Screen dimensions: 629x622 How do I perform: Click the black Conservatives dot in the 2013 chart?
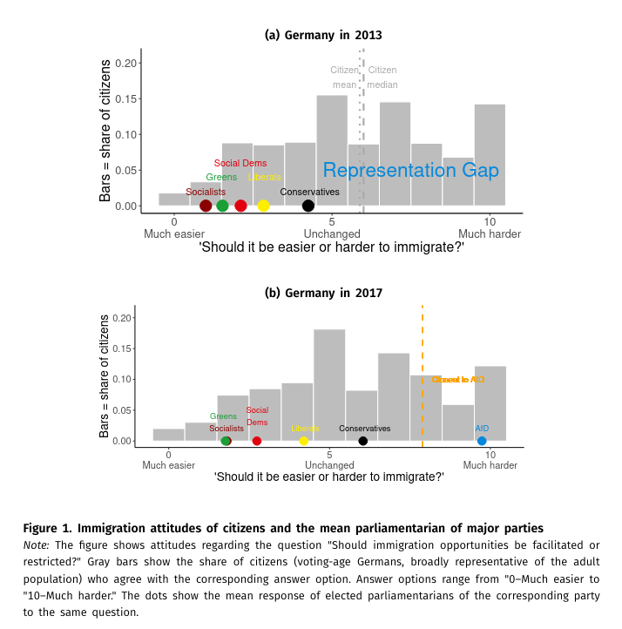(308, 206)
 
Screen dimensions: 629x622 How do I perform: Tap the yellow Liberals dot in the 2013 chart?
(263, 206)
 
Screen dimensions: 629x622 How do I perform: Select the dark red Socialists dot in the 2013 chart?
(206, 206)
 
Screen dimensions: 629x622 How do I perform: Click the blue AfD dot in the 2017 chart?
(482, 441)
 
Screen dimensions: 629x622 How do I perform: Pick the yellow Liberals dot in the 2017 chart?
(303, 441)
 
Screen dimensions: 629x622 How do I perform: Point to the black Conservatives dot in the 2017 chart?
(363, 441)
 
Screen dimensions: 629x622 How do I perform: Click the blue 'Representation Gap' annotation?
(410, 171)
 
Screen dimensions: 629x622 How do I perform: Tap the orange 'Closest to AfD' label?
(457, 380)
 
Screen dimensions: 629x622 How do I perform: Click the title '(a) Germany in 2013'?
(323, 36)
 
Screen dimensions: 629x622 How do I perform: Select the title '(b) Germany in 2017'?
(323, 293)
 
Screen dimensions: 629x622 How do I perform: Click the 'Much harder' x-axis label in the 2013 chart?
(490, 234)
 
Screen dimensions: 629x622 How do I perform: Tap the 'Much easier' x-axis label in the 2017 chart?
(169, 465)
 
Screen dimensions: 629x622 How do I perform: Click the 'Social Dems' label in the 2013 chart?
(240, 163)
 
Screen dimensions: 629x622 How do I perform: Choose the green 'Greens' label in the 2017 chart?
(223, 416)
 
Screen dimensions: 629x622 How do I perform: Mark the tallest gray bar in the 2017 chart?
(329, 383)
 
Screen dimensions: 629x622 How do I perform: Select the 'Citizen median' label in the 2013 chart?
(382, 78)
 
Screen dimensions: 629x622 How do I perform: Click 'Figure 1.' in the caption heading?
(47, 528)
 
